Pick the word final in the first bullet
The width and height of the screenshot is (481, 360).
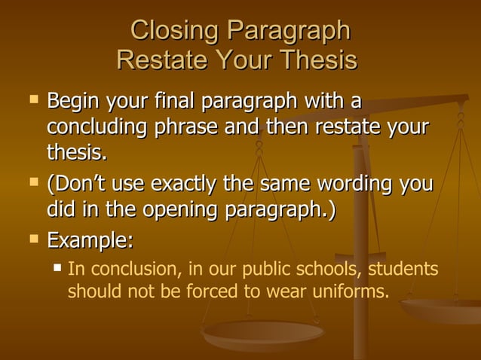point(170,100)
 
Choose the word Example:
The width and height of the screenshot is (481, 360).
point(90,241)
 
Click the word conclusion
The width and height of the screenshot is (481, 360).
point(129,269)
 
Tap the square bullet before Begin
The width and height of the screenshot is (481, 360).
point(32,99)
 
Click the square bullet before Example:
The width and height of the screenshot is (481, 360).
point(32,239)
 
